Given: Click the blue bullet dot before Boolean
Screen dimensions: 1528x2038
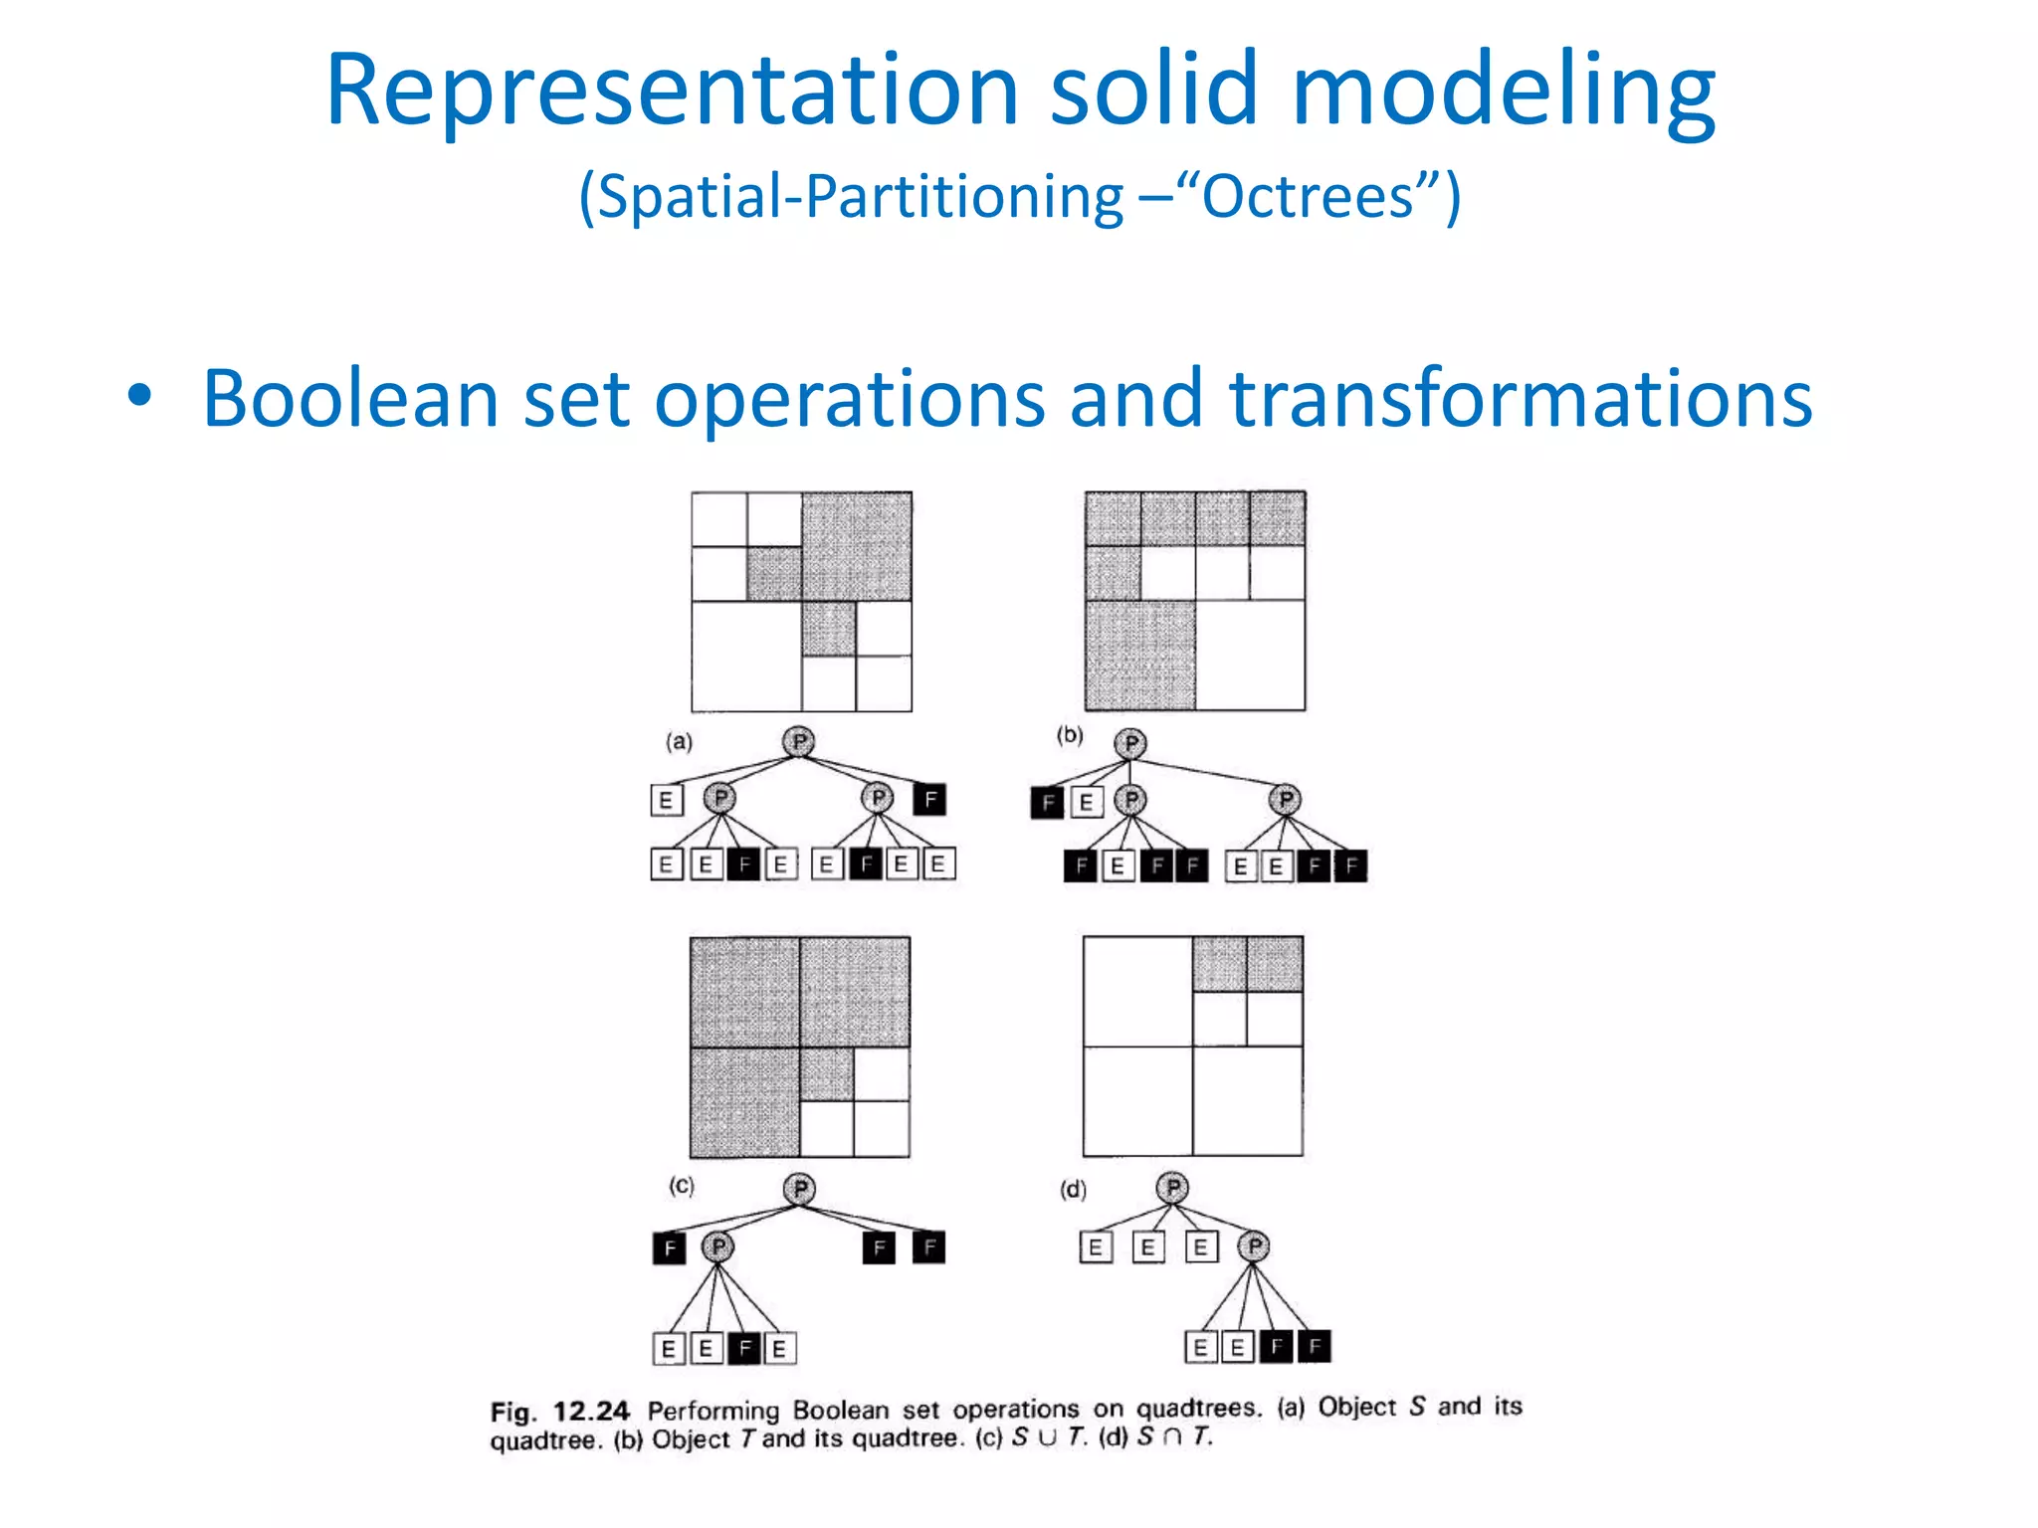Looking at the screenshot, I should (x=140, y=397).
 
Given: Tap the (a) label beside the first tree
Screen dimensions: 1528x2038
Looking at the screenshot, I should (x=680, y=742).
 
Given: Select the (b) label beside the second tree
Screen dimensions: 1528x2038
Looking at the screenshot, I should (x=1070, y=735).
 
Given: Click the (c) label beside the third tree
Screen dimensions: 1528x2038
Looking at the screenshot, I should (x=682, y=1186).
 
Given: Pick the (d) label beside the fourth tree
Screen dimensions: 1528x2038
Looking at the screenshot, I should (x=1073, y=1190).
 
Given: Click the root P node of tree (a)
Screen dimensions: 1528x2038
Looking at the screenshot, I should (x=798, y=742).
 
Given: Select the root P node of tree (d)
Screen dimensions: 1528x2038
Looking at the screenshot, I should (x=1173, y=1188).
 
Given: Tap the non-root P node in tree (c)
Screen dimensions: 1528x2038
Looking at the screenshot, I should (x=717, y=1246).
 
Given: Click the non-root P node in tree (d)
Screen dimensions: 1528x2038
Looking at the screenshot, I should (x=1255, y=1245).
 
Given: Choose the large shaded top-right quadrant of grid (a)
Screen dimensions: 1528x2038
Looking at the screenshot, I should (x=857, y=546).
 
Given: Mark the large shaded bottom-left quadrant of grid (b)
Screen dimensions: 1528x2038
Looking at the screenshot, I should (x=1140, y=656).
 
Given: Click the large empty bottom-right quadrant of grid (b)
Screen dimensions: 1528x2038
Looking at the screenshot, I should (x=1250, y=656).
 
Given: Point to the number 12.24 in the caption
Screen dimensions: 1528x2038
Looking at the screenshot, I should (x=591, y=1412).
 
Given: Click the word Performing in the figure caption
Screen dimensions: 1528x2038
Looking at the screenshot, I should (x=713, y=1411).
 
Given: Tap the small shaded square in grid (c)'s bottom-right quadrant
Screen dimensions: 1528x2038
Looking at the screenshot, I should (x=827, y=1074).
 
